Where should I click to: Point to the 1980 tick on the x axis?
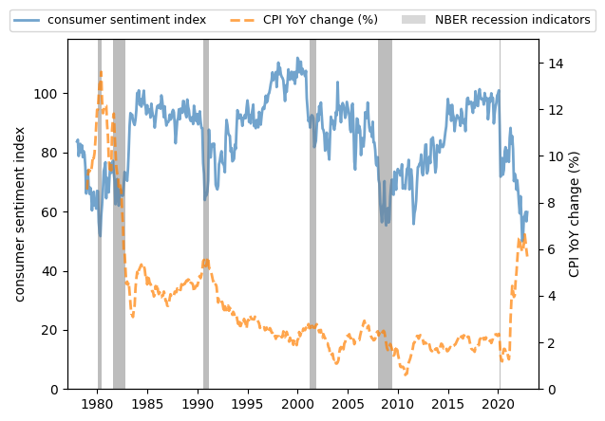[98, 403]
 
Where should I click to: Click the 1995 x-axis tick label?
[248, 403]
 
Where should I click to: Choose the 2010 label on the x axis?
[399, 403]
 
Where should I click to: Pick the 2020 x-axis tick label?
[500, 403]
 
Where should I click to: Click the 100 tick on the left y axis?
[49, 93]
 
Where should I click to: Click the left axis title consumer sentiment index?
[20, 213]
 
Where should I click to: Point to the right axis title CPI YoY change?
[574, 213]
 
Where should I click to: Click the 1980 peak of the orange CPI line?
[101, 72]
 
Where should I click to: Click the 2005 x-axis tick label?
[349, 403]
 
